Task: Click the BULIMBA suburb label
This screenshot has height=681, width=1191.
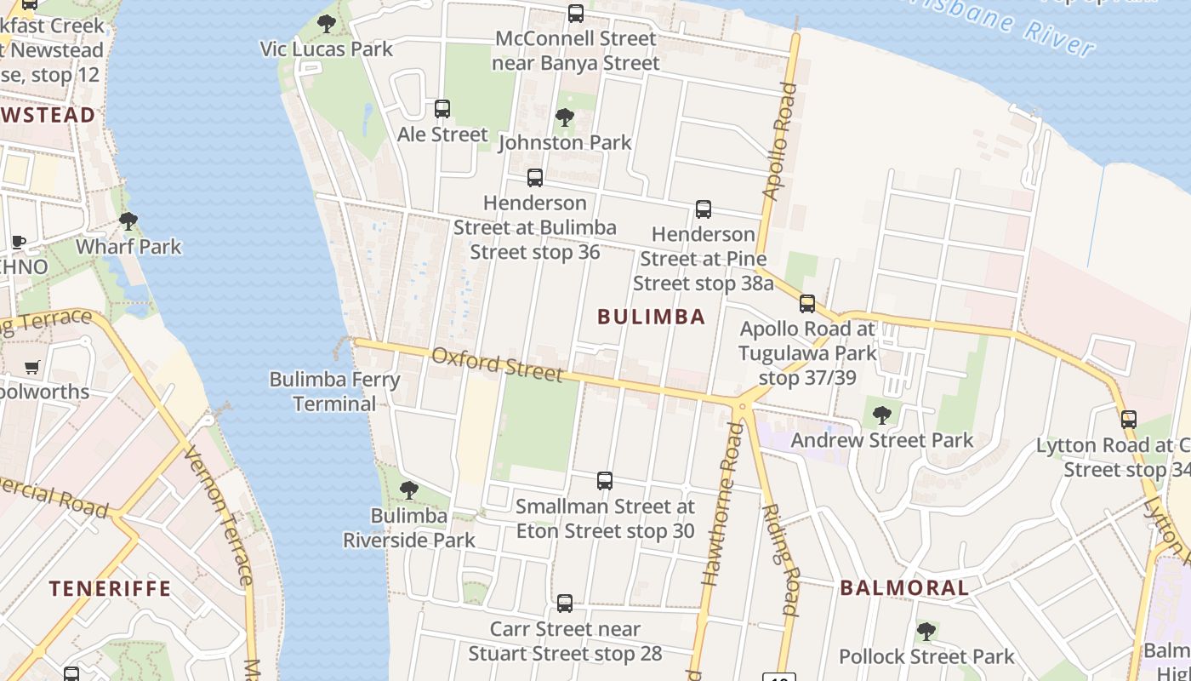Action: [651, 318]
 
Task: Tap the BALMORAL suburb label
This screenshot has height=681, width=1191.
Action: [904, 588]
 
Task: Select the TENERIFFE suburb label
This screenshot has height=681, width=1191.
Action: [110, 589]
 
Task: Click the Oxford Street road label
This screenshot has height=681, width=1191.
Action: [497, 364]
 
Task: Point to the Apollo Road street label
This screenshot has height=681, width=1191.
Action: [779, 140]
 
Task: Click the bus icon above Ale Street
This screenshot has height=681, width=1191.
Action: [442, 109]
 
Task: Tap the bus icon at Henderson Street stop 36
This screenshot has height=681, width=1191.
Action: [535, 178]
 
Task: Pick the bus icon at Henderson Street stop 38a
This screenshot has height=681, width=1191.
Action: [704, 209]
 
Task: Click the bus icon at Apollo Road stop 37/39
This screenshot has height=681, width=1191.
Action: [807, 304]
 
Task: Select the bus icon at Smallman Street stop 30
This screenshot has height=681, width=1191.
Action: [605, 481]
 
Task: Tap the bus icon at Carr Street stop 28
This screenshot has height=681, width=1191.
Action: [565, 604]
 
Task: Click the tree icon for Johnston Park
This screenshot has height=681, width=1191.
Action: [564, 117]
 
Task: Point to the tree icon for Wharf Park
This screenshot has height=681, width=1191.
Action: [128, 221]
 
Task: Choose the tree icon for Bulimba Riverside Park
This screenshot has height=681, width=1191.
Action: [409, 490]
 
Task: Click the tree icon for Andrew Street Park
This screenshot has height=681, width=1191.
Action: [882, 415]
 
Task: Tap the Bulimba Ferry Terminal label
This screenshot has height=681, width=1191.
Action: [334, 392]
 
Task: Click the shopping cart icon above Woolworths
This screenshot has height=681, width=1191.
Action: [32, 368]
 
